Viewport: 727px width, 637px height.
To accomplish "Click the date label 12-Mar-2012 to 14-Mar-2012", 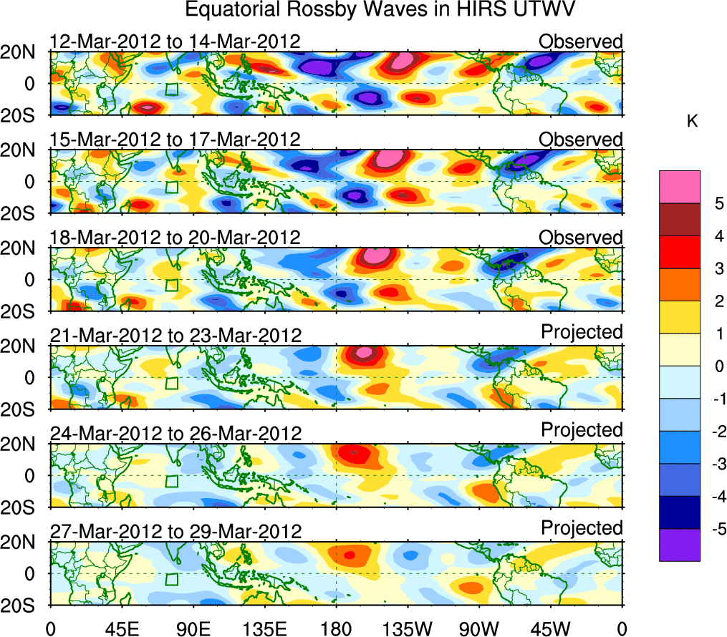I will [x=175, y=42].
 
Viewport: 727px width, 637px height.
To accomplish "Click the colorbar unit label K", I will [x=692, y=122].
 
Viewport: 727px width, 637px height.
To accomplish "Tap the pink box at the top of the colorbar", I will [x=679, y=187].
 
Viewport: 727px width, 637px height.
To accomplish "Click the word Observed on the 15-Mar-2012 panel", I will [x=581, y=140].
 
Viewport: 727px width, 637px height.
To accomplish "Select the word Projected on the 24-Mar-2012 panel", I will [x=582, y=429].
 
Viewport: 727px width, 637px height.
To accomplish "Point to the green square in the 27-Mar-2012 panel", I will [x=171, y=579].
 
